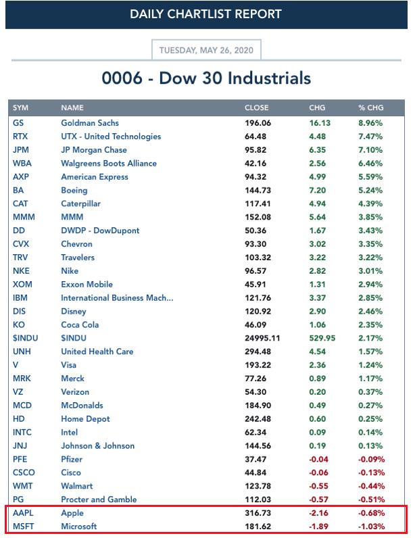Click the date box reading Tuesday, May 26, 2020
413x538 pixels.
click(x=206, y=49)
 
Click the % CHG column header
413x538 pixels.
click(x=370, y=107)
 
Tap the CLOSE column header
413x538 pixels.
click(x=256, y=107)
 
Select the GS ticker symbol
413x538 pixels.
click(x=18, y=123)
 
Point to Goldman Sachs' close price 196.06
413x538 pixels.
click(x=258, y=123)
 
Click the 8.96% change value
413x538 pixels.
click(x=371, y=123)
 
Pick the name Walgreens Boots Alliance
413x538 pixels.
click(x=109, y=164)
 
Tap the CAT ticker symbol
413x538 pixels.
click(x=21, y=203)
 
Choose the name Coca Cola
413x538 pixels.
click(x=80, y=324)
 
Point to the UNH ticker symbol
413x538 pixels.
click(x=22, y=351)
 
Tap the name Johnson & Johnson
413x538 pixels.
click(x=98, y=445)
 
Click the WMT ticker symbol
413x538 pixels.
click(x=22, y=486)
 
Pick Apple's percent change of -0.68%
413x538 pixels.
click(x=370, y=513)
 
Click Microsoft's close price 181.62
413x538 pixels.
click(x=258, y=527)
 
